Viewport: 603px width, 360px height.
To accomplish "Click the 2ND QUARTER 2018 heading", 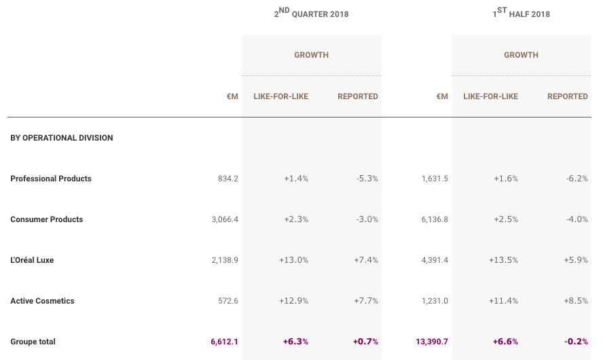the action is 311,13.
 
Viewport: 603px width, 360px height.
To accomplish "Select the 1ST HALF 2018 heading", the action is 521,13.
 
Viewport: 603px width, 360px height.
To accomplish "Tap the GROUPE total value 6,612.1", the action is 224,342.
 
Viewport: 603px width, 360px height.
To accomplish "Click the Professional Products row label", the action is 51,179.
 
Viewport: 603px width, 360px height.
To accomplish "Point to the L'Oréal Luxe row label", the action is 32,260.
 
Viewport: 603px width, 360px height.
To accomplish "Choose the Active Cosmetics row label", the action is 42,301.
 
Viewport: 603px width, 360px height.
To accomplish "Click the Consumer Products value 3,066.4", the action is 225,219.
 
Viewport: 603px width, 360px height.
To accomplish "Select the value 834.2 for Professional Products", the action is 228,179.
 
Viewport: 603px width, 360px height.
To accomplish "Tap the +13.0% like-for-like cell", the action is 293,260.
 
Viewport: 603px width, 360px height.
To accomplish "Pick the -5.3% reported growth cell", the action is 367,179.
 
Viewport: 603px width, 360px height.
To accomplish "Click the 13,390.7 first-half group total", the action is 432,342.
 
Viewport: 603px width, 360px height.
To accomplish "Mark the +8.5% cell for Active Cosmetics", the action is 576,301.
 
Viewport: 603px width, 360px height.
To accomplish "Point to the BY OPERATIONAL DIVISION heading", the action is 62,138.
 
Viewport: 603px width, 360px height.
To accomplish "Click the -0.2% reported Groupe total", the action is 576,342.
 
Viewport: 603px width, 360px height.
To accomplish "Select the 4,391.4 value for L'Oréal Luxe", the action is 435,260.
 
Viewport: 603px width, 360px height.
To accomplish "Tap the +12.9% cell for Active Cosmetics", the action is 293,301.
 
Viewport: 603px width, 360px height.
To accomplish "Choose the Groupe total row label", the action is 33,342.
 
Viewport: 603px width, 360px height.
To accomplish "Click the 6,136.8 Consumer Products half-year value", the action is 435,219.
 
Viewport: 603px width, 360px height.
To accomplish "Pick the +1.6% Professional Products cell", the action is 506,179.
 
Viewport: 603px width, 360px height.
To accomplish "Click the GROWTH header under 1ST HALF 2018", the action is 521,55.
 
